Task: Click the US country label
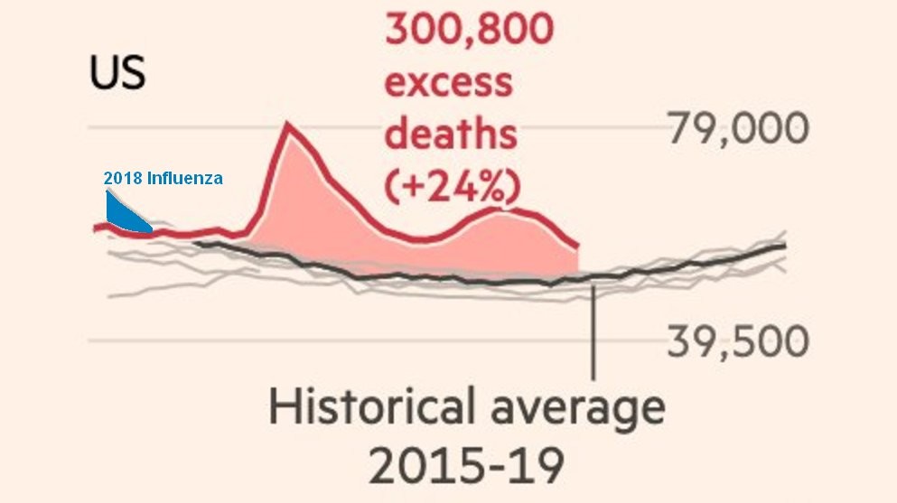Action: (117, 74)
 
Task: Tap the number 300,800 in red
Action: (469, 33)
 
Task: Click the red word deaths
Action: (451, 135)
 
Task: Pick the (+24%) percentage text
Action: (452, 186)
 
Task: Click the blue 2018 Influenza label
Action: (163, 178)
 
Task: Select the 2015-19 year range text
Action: (466, 466)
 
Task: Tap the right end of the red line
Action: (577, 246)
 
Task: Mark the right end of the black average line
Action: (784, 246)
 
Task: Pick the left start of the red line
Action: (95, 228)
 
